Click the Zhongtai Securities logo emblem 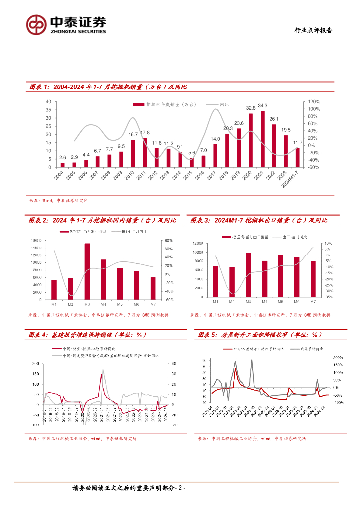pos(36,23)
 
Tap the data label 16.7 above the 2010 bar pos(133,134)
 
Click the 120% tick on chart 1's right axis pos(313,101)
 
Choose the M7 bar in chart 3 pos(313,279)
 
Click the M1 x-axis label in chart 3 pos(215,302)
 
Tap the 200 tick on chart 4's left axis pos(35,364)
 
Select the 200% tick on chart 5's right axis pos(337,358)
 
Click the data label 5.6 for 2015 pos(191,153)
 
